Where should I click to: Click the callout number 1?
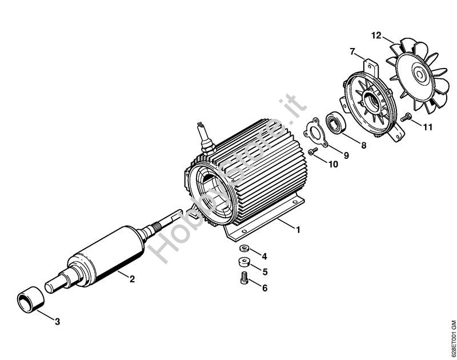click(298, 230)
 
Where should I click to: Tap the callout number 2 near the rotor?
click(132, 279)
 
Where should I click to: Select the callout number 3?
click(58, 322)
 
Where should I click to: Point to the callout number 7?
click(352, 52)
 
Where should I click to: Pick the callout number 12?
click(376, 35)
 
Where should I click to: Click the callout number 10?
click(334, 165)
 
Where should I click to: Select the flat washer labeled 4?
click(244, 249)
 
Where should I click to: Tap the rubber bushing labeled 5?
click(243, 262)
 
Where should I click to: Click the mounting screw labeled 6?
click(244, 277)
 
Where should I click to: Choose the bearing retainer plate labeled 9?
click(316, 131)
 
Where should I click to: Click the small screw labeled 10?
click(313, 151)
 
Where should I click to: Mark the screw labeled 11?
click(406, 117)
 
